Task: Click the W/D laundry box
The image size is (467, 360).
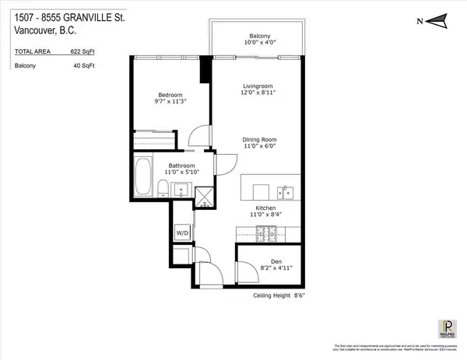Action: pos(182,231)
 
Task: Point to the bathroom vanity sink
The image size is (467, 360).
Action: pos(179,189)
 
